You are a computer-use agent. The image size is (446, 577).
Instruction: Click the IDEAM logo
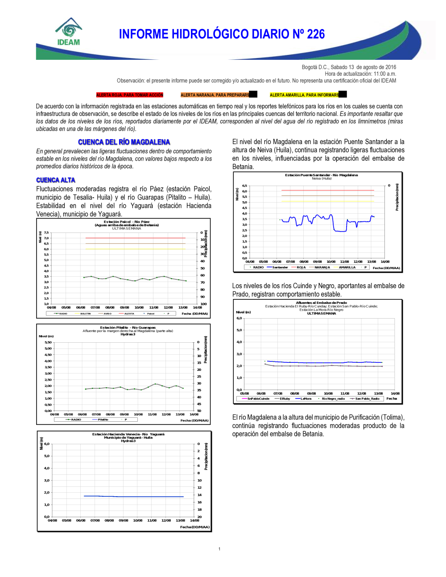(68, 32)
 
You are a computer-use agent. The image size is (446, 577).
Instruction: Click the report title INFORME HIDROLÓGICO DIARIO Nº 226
(222, 34)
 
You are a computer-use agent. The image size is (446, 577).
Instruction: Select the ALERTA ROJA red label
(130, 95)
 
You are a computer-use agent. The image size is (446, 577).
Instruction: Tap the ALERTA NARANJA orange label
(215, 95)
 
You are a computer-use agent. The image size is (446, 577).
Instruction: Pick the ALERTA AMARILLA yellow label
(304, 95)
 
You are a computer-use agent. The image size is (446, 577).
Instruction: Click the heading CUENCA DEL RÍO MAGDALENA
(124, 142)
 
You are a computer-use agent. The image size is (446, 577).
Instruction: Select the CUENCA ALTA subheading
(56, 180)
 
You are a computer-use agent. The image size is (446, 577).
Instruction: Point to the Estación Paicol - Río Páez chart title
(127, 222)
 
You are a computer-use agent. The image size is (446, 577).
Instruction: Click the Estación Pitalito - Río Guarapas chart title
(128, 328)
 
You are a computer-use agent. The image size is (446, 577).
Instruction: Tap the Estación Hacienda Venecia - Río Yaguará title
(128, 434)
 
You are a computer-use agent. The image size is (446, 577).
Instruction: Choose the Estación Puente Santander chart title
(321, 175)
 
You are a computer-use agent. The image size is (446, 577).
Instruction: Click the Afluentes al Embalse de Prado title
(321, 303)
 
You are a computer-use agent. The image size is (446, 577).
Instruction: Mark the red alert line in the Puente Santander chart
(328, 190)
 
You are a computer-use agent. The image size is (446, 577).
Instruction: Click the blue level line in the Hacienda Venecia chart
(134, 496)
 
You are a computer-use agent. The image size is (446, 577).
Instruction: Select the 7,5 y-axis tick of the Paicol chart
(46, 232)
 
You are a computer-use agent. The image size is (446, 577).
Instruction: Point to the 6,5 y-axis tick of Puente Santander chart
(244, 186)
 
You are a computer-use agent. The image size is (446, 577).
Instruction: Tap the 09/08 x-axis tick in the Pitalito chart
(124, 414)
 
